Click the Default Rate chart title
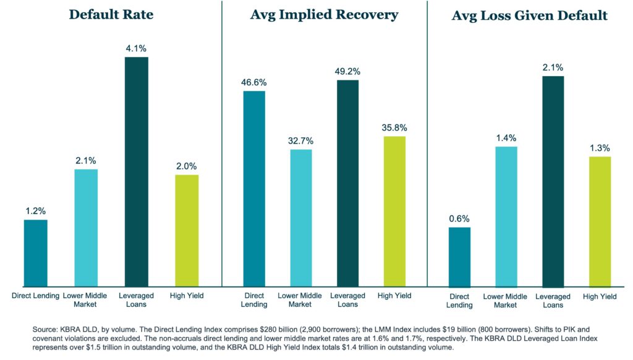pos(111,14)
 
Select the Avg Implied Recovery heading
pos(325,14)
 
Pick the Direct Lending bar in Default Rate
pos(35,253)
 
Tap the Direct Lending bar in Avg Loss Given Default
pos(459,257)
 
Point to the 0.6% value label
pos(459,218)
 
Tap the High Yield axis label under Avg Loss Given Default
pos(599,296)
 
